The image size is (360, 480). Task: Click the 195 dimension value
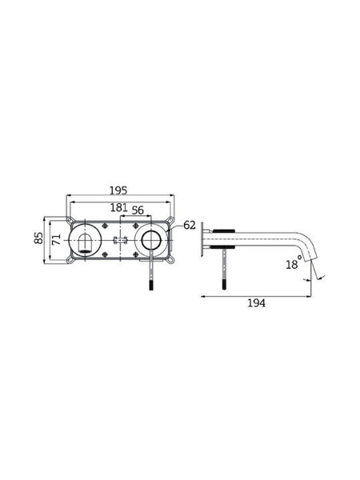(118, 190)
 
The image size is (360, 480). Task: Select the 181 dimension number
(118, 207)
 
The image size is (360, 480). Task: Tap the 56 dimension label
(138, 210)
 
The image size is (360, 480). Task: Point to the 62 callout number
(190, 226)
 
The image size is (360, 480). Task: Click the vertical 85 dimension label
(39, 238)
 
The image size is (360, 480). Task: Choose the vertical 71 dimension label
(56, 239)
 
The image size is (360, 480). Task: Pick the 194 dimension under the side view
(257, 303)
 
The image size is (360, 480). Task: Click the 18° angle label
(294, 263)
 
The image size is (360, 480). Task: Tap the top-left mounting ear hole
(70, 220)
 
